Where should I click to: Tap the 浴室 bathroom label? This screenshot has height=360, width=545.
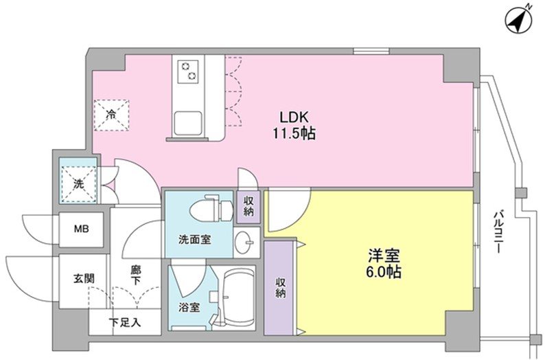[x=190, y=307]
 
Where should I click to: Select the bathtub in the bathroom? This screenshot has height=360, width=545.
[x=237, y=295]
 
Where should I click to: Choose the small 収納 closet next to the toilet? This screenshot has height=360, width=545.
[x=248, y=206]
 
